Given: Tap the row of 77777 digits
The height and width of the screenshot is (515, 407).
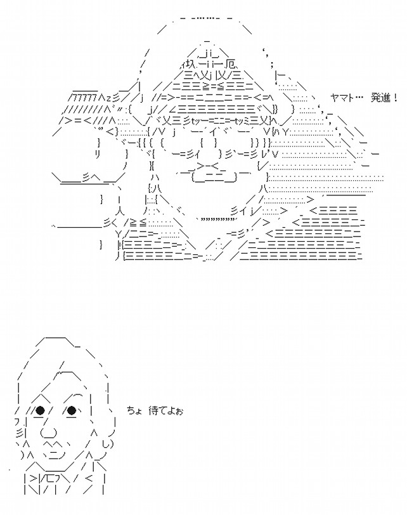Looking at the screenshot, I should (87, 98).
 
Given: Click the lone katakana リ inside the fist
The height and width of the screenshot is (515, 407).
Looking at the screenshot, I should (99, 154).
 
